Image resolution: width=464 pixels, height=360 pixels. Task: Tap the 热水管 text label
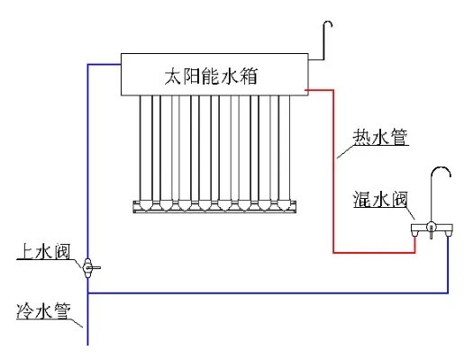[x=378, y=138]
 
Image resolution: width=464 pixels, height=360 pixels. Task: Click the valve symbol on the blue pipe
[x=88, y=267]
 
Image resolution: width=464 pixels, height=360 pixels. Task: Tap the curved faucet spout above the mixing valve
[x=442, y=175]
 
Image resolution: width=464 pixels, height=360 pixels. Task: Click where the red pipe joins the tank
[x=308, y=89]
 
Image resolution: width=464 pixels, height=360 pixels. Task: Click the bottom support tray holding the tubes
[x=215, y=208]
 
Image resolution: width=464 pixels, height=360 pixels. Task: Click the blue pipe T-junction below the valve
[x=88, y=292]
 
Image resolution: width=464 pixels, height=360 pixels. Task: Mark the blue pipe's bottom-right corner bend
[x=448, y=292]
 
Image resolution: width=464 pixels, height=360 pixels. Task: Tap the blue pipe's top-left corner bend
[x=88, y=65]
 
